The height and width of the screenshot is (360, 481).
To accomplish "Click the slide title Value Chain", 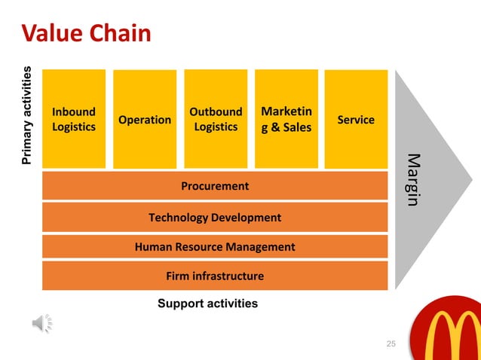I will (x=86, y=33).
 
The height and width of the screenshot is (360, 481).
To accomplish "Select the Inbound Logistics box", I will (x=74, y=119).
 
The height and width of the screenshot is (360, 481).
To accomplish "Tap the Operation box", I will (x=145, y=119).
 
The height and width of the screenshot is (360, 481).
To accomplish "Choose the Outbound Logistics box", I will (x=216, y=119).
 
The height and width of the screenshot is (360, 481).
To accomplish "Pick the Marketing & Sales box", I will (x=286, y=119).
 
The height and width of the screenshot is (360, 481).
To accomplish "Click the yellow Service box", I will (x=356, y=119).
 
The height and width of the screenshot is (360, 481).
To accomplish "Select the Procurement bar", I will (x=215, y=185).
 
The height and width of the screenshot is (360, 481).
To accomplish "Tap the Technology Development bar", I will (x=215, y=217).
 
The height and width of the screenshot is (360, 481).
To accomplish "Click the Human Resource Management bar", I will (x=215, y=246).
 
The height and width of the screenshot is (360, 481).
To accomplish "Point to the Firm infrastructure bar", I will (x=215, y=276).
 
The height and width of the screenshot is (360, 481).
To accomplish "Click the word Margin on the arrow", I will (x=413, y=180).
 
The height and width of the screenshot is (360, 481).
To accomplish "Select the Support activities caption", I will (x=207, y=304).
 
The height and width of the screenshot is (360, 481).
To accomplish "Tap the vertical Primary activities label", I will (x=27, y=116).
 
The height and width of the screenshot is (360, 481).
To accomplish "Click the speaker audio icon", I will (x=42, y=323).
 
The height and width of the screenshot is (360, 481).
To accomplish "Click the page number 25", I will (x=391, y=344).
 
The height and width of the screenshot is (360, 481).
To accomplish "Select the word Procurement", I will (x=215, y=185).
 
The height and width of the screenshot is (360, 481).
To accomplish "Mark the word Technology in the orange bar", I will (x=178, y=217).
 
